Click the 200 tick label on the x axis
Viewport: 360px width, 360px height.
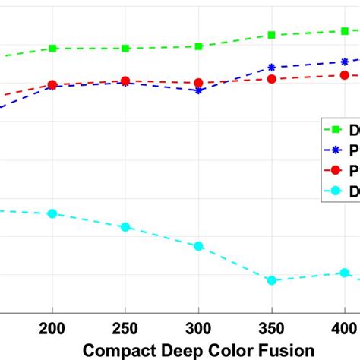point(52,329)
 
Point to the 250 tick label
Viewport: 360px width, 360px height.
point(125,329)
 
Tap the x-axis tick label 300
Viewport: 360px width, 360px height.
point(198,329)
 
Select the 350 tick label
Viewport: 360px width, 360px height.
point(271,329)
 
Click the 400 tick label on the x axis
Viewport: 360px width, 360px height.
point(344,329)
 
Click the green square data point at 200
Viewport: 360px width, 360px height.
point(52,48)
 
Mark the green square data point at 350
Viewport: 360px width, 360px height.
point(271,35)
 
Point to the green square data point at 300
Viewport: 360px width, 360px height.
point(198,46)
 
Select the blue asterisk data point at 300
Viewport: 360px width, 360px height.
point(198,90)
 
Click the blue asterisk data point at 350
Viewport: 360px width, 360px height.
point(271,68)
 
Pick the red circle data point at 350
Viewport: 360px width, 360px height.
point(271,79)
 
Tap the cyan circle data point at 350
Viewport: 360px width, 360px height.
point(271,280)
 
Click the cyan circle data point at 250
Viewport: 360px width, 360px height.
point(125,227)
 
